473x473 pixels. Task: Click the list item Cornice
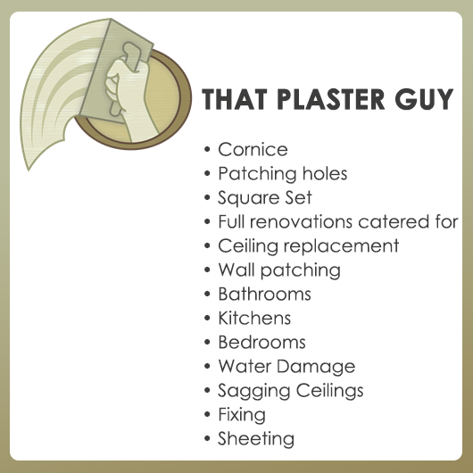[253, 150]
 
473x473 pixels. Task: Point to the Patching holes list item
[282, 174]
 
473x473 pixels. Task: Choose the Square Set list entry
[264, 198]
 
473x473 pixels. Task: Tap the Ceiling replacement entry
[308, 246]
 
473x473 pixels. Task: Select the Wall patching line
[278, 270]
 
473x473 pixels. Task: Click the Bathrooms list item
[264, 295]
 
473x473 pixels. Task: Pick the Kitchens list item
[254, 319]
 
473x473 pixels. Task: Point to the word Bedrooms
[261, 343]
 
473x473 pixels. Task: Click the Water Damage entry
[286, 367]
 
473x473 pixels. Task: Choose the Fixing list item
[242, 415]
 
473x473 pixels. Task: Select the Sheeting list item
[255, 439]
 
